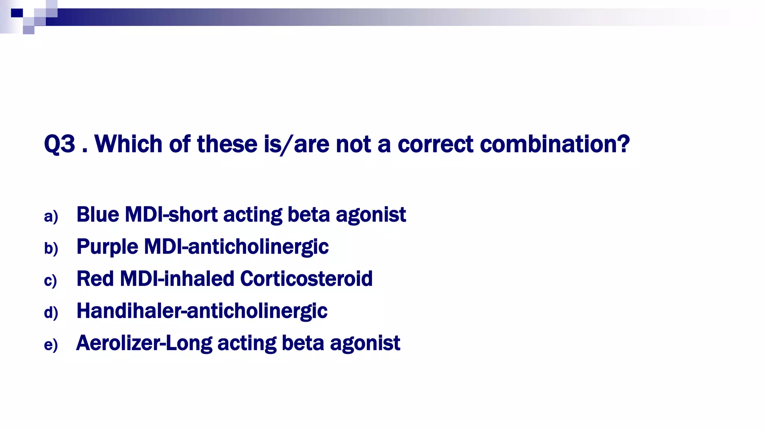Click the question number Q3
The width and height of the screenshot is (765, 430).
coord(59,144)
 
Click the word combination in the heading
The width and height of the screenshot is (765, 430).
coord(555,144)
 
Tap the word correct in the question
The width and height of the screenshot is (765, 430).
coord(436,144)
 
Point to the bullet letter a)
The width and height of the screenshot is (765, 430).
coord(51,216)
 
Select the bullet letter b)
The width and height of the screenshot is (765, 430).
coord(51,248)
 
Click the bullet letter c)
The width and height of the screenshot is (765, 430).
coord(50,280)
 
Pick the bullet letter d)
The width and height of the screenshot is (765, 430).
coord(51,312)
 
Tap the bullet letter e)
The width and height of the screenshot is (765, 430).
coord(51,345)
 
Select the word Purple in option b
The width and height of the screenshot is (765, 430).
coord(107,247)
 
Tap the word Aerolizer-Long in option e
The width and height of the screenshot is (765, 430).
coord(144,343)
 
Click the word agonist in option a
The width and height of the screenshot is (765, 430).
coord(371,215)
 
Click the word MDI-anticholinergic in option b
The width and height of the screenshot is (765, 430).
coord(236,247)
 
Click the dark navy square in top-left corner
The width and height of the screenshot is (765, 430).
coord(17,13)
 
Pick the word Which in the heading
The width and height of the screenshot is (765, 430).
coord(129,144)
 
